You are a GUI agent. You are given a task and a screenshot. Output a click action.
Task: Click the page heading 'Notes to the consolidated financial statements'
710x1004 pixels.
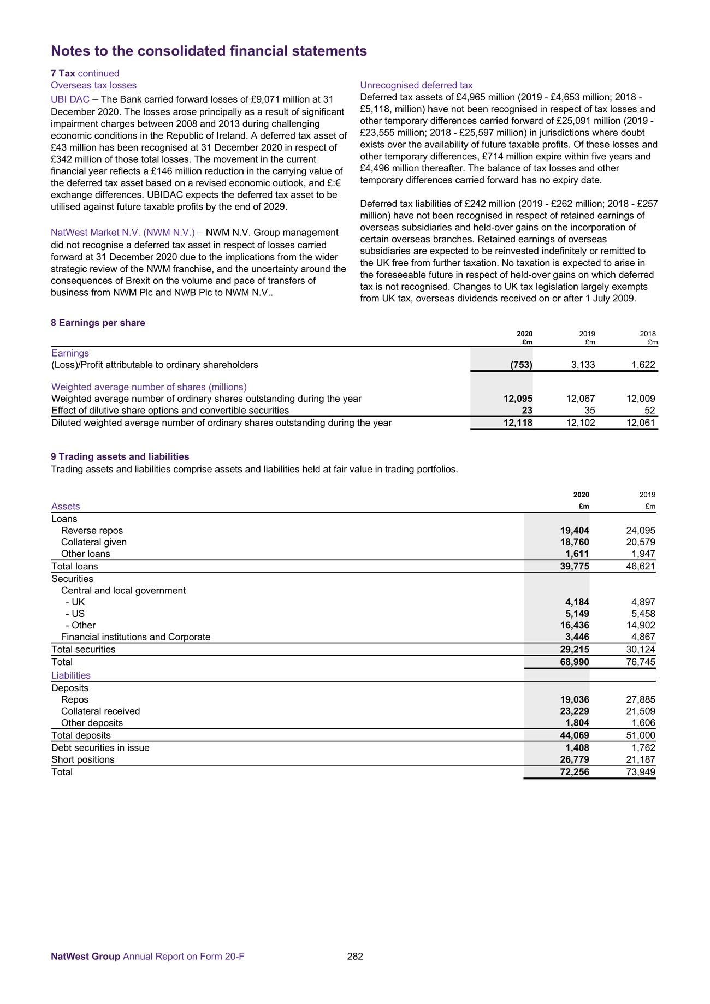(x=209, y=51)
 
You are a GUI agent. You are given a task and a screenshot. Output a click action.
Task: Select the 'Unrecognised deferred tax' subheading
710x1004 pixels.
(x=416, y=85)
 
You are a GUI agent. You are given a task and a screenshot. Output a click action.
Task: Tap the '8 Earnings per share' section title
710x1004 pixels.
(x=98, y=323)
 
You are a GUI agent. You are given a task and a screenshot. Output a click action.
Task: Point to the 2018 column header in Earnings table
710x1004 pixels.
(x=648, y=334)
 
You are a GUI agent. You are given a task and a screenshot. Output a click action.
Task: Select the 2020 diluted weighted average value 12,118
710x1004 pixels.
(x=518, y=423)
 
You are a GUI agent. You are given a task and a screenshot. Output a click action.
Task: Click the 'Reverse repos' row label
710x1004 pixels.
(x=92, y=531)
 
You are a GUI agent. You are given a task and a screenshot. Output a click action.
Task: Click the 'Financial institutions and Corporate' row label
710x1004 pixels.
(x=135, y=637)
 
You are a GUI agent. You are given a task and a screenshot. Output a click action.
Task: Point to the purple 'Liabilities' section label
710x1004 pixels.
(x=71, y=675)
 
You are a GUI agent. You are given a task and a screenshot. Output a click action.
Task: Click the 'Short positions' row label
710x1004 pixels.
(x=83, y=759)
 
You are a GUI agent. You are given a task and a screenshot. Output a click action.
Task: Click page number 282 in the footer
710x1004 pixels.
(x=355, y=957)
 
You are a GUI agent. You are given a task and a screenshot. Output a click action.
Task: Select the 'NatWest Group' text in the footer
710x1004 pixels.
(x=85, y=957)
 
